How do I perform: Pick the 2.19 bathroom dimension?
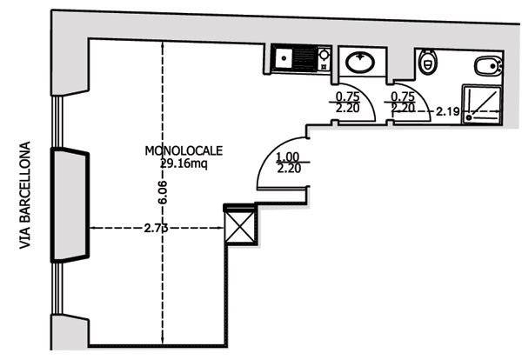coord(447,110)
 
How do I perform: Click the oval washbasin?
coord(358,63)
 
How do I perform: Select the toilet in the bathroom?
coord(426,62)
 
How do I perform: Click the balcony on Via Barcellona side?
coord(69,205)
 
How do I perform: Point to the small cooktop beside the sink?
coord(324,60)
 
